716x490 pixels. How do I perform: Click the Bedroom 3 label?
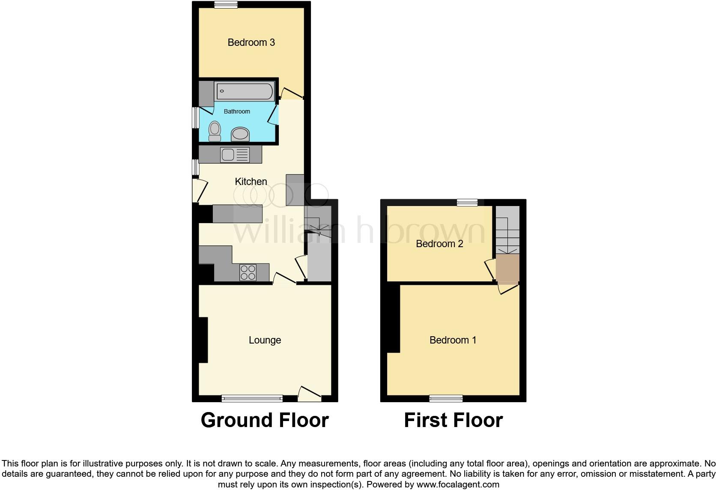pos(251,42)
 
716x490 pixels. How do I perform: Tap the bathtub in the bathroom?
pos(244,91)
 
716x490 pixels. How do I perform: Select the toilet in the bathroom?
pos(215,131)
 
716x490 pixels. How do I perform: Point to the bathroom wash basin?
pos(240,134)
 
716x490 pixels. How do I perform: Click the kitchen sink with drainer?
pos(235,155)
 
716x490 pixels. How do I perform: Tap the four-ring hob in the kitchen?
pos(248,272)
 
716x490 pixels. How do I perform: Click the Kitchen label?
pos(251,182)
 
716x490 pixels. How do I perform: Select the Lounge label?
pos(265,340)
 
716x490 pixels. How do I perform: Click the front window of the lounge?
pos(252,398)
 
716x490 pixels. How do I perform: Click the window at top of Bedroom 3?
pos(226,5)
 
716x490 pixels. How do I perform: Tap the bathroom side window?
pos(195,117)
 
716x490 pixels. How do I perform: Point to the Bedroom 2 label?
pos(439,244)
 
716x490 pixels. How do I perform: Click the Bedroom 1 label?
pos(453,340)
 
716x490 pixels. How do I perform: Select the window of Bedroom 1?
pos(446,398)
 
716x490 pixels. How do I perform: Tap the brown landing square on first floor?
pos(507,268)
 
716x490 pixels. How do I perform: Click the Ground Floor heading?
pos(265,420)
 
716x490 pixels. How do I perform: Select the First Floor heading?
pos(453,420)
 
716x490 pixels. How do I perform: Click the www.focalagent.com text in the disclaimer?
pos(458,484)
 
